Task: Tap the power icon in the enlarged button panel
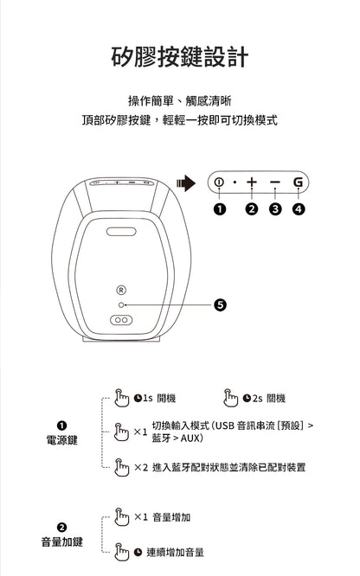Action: click(219, 182)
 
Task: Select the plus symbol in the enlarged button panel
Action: click(251, 182)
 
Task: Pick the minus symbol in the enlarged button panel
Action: click(275, 182)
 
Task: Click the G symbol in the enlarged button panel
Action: click(299, 182)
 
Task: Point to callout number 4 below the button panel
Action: click(299, 208)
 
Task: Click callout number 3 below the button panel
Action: click(275, 208)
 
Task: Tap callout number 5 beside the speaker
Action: click(221, 304)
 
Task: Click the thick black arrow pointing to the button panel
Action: click(185, 182)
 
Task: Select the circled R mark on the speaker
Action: click(122, 289)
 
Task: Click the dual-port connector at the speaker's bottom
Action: click(122, 320)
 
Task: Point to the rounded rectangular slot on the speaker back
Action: click(122, 231)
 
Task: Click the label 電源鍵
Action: click(61, 440)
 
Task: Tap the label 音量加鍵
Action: click(61, 541)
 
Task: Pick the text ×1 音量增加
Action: click(162, 517)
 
